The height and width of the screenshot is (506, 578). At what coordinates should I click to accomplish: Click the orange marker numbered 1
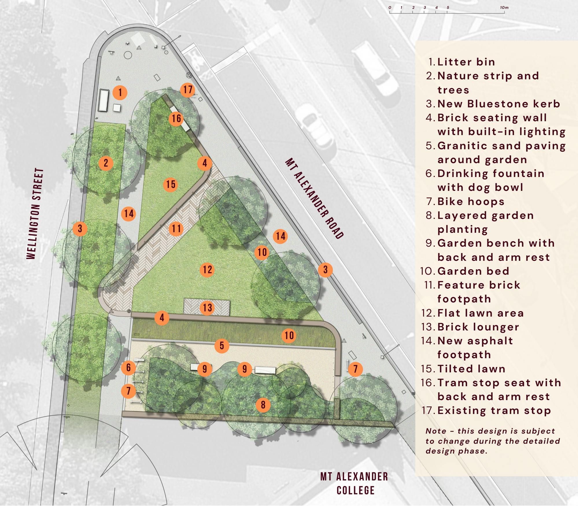click(120, 93)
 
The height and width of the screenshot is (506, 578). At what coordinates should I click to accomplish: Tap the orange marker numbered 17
click(188, 90)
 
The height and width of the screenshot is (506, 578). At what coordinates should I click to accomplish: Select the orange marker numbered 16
click(176, 118)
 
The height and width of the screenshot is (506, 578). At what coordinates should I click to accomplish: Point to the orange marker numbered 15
click(171, 184)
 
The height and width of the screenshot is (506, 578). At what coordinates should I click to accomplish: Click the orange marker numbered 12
click(207, 270)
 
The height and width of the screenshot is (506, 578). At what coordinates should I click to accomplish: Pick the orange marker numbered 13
click(207, 308)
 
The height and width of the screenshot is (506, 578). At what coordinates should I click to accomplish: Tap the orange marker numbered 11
click(176, 229)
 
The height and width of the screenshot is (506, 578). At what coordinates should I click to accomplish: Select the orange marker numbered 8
click(263, 405)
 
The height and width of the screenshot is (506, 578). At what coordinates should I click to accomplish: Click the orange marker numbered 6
click(128, 368)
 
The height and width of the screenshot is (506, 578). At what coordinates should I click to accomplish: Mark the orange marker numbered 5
click(222, 346)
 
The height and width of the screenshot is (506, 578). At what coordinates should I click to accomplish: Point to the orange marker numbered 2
click(106, 163)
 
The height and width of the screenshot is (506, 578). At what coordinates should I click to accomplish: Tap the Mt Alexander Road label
click(314, 198)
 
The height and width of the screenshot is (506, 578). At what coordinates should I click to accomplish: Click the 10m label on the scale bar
click(504, 8)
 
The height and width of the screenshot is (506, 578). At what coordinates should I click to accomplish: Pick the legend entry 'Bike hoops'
click(471, 202)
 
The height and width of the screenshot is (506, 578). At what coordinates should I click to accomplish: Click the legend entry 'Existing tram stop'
click(494, 411)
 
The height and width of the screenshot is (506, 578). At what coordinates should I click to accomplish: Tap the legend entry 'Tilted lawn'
click(471, 369)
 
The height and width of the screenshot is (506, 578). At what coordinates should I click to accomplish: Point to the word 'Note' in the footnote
click(436, 431)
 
